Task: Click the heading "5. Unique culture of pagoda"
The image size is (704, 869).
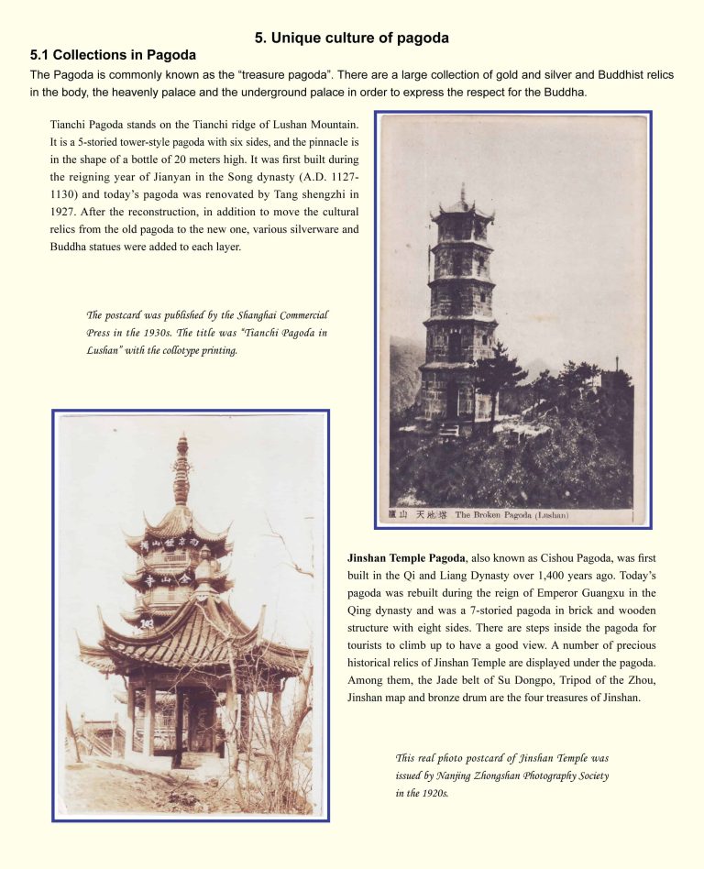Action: pos(352,38)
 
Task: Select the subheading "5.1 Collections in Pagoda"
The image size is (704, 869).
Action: pos(113,55)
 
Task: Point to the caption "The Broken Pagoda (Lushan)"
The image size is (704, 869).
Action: pos(511,515)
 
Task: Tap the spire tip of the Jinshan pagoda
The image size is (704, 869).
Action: pos(181,442)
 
